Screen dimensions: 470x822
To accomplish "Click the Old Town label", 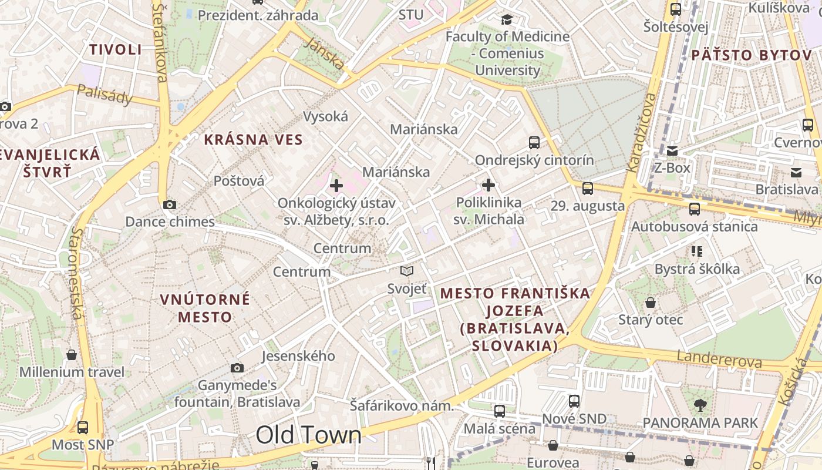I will tap(308, 435).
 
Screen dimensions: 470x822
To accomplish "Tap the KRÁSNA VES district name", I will tap(253, 140).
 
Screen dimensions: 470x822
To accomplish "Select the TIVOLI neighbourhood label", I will tap(116, 49).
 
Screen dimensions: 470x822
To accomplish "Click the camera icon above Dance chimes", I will tap(170, 204).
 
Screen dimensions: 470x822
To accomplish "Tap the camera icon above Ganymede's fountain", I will tap(237, 368).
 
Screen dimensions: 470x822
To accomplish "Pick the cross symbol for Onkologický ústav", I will tap(336, 186).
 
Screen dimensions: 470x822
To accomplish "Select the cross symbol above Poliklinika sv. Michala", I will tap(489, 186).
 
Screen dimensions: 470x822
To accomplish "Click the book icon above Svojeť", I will tap(407, 271).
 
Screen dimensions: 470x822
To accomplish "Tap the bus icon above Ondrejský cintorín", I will tap(534, 142).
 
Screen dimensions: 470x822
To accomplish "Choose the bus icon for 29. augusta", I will tap(588, 189).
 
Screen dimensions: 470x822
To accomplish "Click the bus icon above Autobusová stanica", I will tap(695, 209).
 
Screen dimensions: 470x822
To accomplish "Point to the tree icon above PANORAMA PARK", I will tap(700, 404).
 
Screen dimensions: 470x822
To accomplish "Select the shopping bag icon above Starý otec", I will tap(651, 303).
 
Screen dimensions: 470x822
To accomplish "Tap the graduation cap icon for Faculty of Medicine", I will tap(507, 19).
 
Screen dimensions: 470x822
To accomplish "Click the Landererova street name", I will tap(719, 359).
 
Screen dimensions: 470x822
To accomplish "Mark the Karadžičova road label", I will tap(641, 132).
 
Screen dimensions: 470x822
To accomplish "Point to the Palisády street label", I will tap(105, 94).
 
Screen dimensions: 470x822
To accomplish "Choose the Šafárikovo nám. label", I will tap(402, 405).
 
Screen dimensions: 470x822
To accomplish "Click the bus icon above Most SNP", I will tap(83, 427).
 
